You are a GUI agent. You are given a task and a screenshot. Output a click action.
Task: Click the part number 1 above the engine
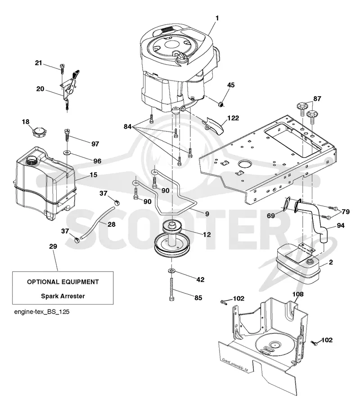point(217,18)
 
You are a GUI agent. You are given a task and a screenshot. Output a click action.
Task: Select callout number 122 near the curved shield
point(233,118)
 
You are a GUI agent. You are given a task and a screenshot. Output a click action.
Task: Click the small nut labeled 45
point(222,104)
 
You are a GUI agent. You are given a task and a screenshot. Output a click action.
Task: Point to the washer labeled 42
point(171,270)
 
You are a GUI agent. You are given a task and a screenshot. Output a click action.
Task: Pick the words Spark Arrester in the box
point(63,296)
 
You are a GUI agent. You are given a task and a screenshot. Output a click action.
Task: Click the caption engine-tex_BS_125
point(42,312)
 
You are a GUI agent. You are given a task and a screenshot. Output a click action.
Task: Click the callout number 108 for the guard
point(298,294)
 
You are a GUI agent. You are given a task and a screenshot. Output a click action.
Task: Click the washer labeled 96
point(67,153)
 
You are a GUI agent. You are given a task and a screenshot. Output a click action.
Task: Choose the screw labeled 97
point(67,136)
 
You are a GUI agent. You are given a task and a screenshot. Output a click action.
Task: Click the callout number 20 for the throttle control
point(40,89)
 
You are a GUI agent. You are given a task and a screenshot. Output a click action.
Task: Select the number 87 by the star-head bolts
point(317,99)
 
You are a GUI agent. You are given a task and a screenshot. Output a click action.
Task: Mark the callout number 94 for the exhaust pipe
point(341,225)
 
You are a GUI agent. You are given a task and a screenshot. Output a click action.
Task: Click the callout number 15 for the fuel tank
point(93,175)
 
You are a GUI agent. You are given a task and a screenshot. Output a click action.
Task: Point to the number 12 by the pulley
point(207,234)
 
